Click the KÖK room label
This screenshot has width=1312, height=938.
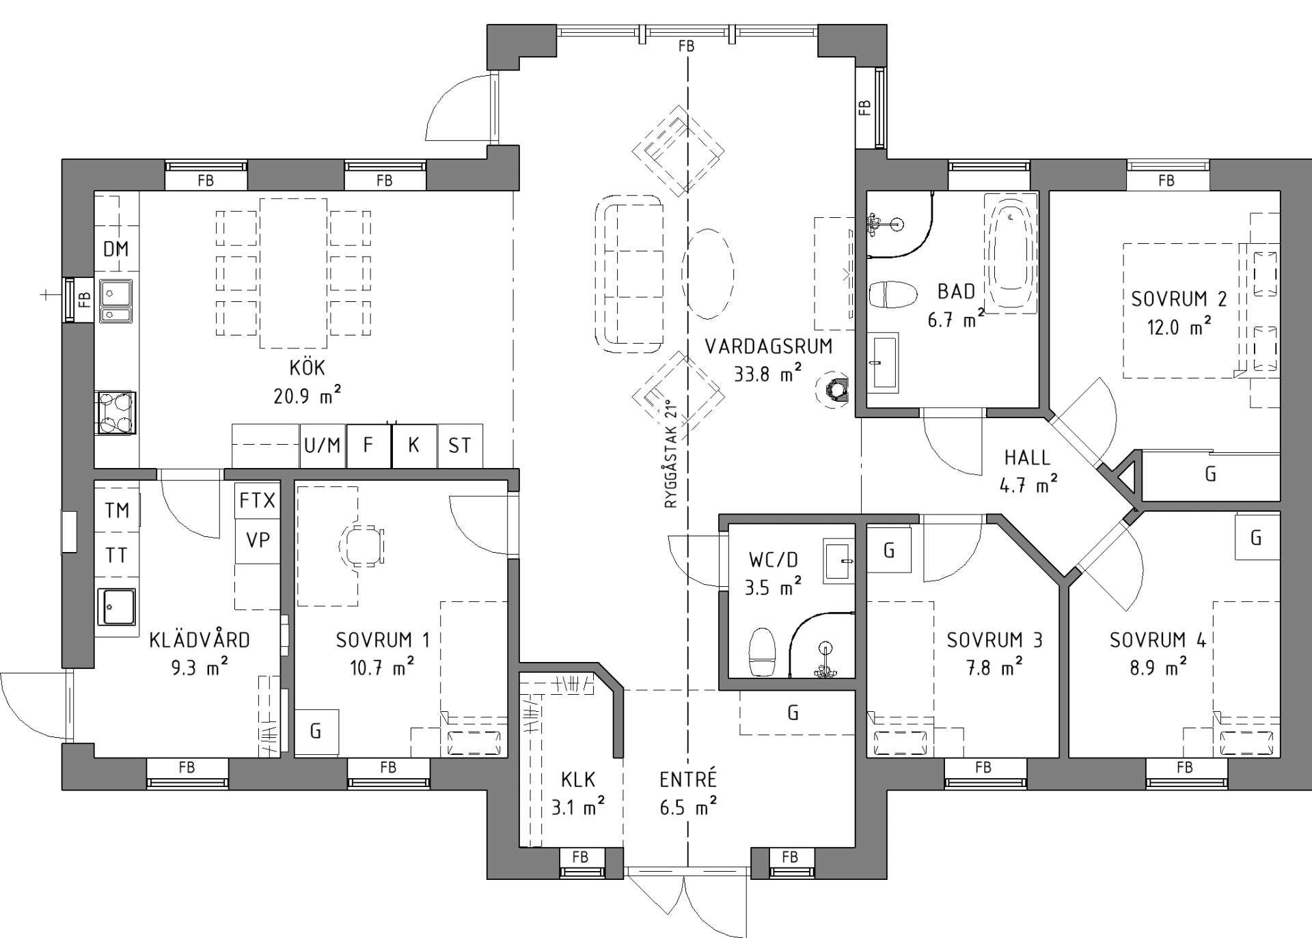pyautogui.click(x=307, y=367)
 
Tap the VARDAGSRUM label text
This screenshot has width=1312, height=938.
pyautogui.click(x=769, y=346)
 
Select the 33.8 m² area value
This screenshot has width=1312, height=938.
pyautogui.click(x=768, y=373)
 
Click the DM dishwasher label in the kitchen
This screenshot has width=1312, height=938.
pyautogui.click(x=115, y=249)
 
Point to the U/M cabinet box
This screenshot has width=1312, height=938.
pyautogui.click(x=323, y=446)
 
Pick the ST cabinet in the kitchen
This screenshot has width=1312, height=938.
pyautogui.click(x=460, y=446)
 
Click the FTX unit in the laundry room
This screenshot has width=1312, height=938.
pyautogui.click(x=257, y=501)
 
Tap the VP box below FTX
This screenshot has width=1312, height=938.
pyautogui.click(x=257, y=541)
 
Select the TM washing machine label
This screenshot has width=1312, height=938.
pyautogui.click(x=117, y=510)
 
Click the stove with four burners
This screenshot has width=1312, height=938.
pyautogui.click(x=115, y=413)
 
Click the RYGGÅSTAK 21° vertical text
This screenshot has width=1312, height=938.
pyautogui.click(x=670, y=454)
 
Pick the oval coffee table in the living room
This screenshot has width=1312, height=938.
pyautogui.click(x=708, y=274)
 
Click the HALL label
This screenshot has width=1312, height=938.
pyautogui.click(x=1027, y=458)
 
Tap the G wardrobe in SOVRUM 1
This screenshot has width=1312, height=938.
pyautogui.click(x=316, y=732)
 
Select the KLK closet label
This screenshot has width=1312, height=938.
pyautogui.click(x=578, y=780)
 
